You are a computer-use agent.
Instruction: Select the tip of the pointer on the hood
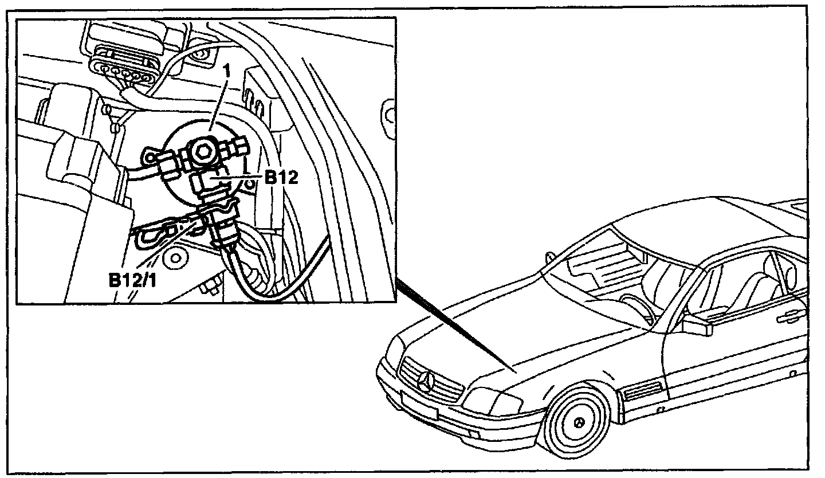tap(516, 371)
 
